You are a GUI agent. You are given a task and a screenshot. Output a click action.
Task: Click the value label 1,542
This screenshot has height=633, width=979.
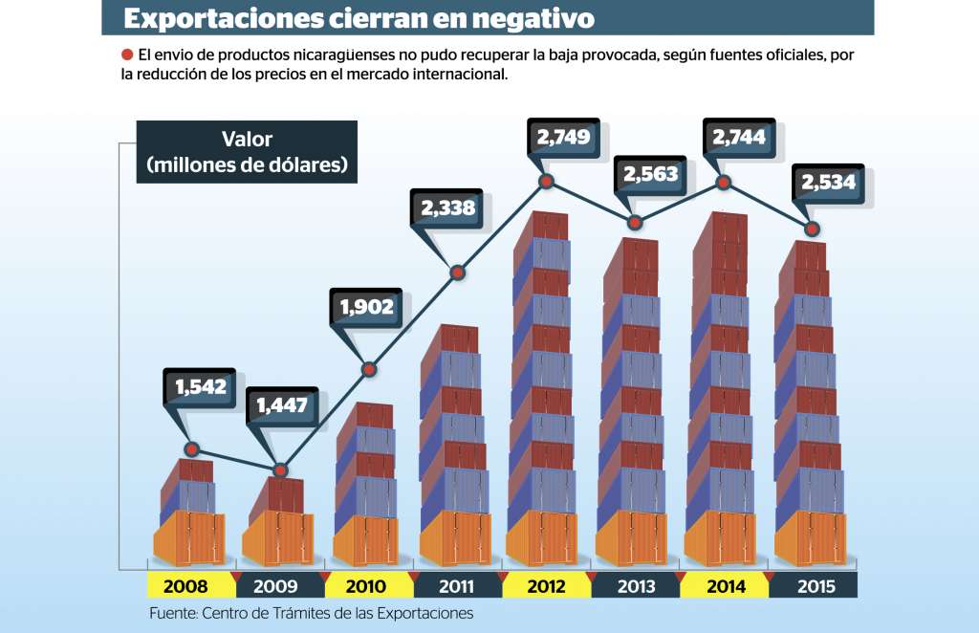(200, 387)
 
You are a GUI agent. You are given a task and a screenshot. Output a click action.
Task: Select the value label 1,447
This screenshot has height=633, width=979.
(281, 405)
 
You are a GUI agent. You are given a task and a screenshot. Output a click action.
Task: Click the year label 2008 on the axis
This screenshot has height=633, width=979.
(187, 586)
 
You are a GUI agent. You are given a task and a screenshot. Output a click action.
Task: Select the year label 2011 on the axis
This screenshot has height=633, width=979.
(455, 586)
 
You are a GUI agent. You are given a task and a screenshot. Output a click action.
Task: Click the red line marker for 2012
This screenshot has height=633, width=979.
(546, 181)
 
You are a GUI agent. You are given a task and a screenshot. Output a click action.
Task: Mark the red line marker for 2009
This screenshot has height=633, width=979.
(280, 470)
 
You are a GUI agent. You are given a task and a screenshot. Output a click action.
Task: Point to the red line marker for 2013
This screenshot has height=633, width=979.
(635, 223)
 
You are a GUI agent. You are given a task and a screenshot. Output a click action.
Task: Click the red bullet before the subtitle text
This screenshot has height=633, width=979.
(126, 55)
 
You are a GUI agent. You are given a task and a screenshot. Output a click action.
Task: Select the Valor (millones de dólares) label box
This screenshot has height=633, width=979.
(247, 152)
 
